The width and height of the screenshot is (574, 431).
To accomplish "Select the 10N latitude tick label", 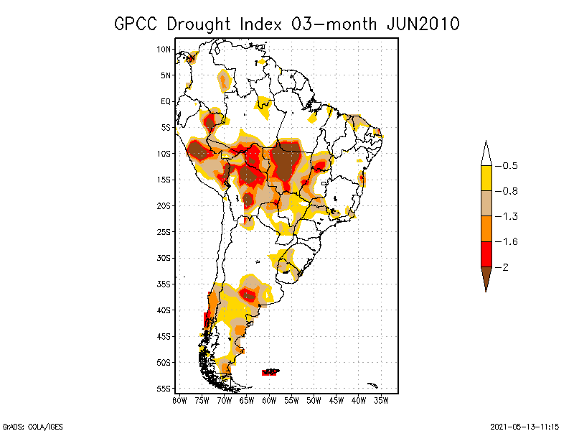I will click(x=164, y=49).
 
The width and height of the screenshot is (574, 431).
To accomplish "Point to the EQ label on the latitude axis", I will click(x=166, y=101).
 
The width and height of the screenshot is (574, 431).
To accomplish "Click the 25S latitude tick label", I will click(x=164, y=231).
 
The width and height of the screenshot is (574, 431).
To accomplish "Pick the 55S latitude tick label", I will click(x=164, y=389).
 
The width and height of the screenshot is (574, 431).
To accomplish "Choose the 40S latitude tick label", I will click(x=164, y=310).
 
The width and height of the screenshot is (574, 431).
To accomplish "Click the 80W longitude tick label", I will click(x=180, y=400).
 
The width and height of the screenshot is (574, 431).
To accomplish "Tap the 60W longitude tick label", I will click(x=270, y=400).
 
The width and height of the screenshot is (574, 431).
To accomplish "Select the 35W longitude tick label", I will click(x=382, y=400).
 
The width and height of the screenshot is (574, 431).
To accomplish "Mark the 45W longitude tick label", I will click(x=337, y=400).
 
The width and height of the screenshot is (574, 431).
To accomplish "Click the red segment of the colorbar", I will click(x=486, y=254).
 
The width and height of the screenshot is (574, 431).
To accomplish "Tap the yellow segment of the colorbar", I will click(x=486, y=178).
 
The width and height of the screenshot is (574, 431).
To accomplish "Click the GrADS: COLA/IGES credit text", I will click(x=26, y=425).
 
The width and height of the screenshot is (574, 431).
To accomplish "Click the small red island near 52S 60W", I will click(x=270, y=371).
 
